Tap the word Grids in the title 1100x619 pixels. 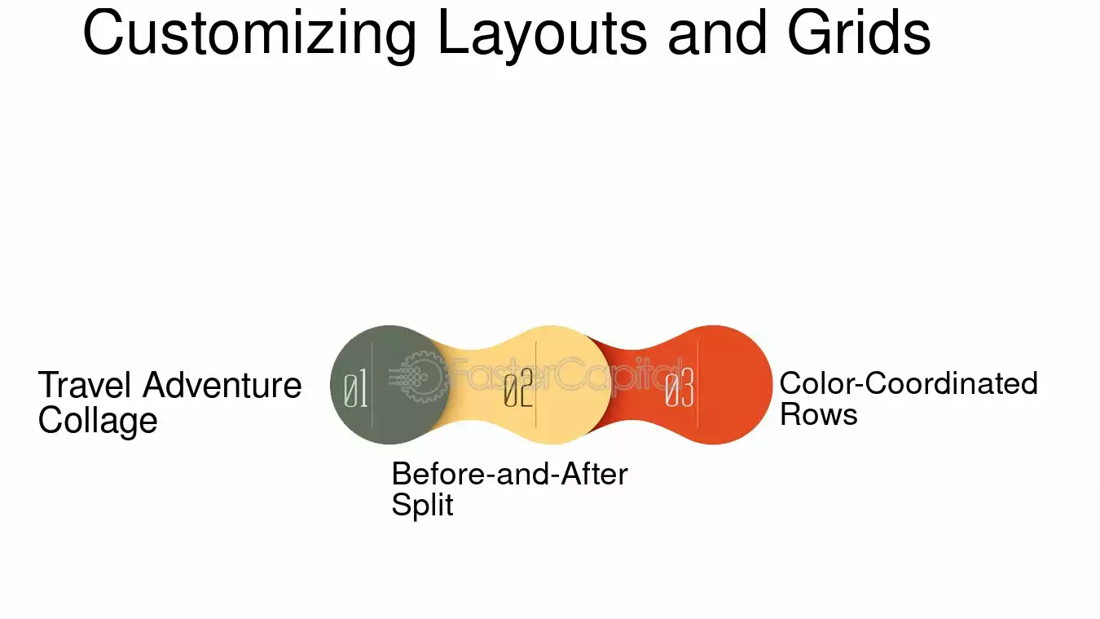pyautogui.click(x=859, y=33)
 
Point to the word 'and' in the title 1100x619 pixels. pyautogui.click(x=718, y=33)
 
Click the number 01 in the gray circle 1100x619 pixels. pyautogui.click(x=355, y=388)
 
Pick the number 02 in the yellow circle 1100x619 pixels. pyautogui.click(x=518, y=388)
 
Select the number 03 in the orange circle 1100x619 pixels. pyautogui.click(x=680, y=388)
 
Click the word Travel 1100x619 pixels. pyautogui.click(x=85, y=385)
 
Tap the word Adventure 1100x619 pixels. pyautogui.click(x=222, y=385)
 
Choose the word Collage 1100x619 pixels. pyautogui.click(x=98, y=421)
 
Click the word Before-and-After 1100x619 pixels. pyautogui.click(x=510, y=474)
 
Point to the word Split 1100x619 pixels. pyautogui.click(x=422, y=505)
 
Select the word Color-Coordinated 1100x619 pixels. pyautogui.click(x=909, y=383)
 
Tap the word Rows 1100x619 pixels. pyautogui.click(x=819, y=414)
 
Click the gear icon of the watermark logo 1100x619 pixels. pyautogui.click(x=420, y=376)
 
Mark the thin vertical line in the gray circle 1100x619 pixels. pyautogui.click(x=372, y=385)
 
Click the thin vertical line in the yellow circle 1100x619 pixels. pyautogui.click(x=535, y=385)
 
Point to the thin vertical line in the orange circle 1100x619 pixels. pyautogui.click(x=697, y=385)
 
